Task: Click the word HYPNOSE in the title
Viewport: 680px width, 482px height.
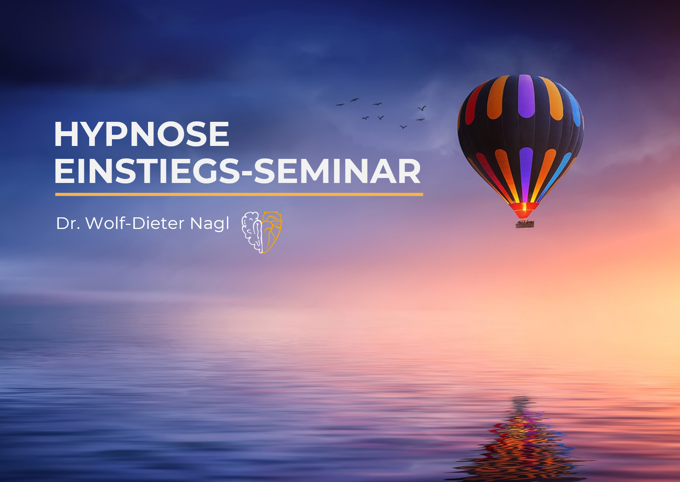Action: [x=141, y=134]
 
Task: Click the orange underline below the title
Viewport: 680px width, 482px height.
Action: [x=239, y=195]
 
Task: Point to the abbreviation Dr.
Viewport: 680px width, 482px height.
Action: [x=68, y=224]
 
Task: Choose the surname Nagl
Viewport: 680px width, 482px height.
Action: [x=210, y=224]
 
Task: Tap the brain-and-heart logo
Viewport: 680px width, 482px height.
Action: [x=261, y=233]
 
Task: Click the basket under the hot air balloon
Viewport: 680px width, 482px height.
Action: [x=524, y=224]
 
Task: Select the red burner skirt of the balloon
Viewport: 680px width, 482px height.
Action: [x=524, y=210]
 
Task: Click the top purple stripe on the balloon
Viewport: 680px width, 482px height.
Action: [x=526, y=96]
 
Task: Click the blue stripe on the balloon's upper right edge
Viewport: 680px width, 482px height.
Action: [x=573, y=106]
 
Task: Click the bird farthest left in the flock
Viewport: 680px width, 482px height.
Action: [x=340, y=105]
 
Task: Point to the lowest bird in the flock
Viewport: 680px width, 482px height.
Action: [x=403, y=127]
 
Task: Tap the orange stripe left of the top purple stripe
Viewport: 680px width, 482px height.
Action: [x=498, y=97]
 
